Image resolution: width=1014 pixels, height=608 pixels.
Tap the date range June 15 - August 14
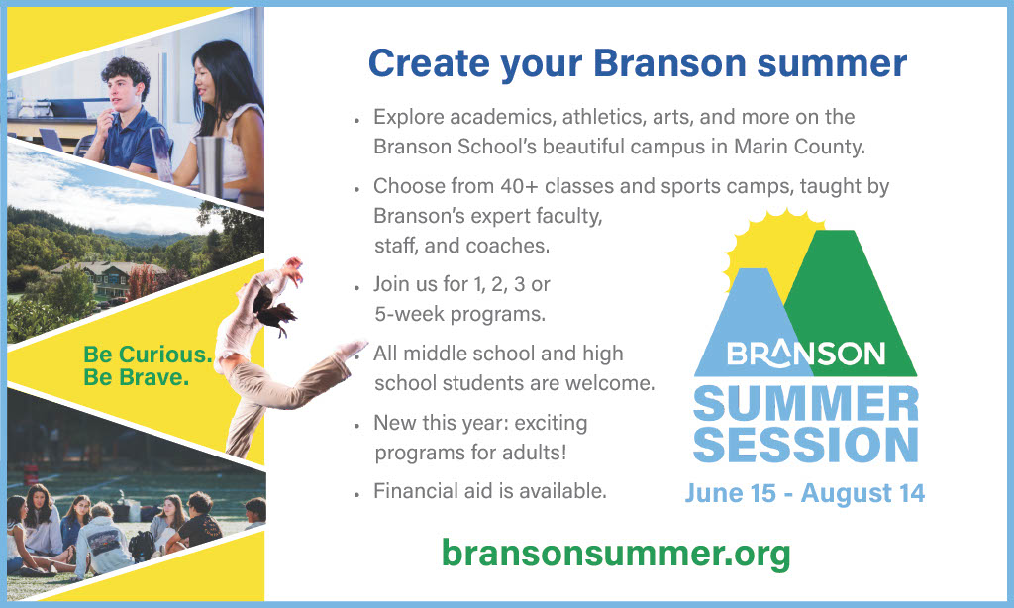point(805,492)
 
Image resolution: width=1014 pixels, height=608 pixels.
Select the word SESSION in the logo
point(806,445)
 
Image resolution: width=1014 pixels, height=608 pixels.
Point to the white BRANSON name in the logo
point(806,354)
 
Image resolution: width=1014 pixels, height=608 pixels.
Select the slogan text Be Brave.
point(136,377)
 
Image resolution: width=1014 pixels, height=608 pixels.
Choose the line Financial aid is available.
point(489,490)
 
